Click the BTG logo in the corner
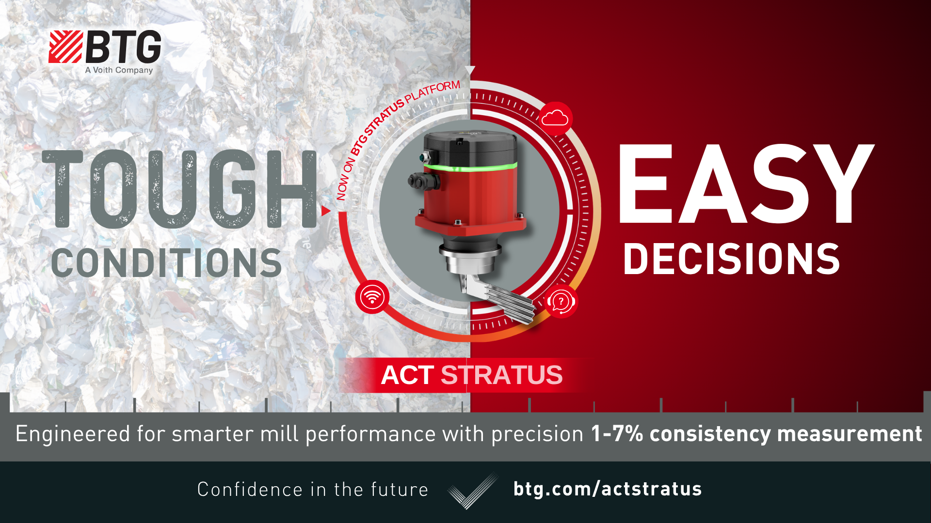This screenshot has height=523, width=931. pos(105,47)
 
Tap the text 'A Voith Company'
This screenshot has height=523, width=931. pos(119,70)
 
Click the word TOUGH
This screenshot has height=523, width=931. pos(179,189)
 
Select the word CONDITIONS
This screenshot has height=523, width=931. pos(166,263)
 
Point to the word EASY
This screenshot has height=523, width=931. pos(746,184)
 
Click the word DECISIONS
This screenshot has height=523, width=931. pos(731,259)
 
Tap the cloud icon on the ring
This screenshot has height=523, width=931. pos(555,118)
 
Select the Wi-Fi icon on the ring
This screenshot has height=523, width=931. pos(372,297)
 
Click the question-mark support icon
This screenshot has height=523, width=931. pos(561,302)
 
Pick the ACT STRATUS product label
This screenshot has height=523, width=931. pos(471,375)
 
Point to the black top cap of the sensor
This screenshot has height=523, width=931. pos(469,143)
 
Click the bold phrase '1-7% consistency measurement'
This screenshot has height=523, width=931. pos(756,433)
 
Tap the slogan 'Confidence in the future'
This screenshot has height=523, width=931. pos(313,490)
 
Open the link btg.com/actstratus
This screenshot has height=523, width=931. pos(608,489)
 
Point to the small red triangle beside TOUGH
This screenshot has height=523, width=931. pos(325,211)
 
